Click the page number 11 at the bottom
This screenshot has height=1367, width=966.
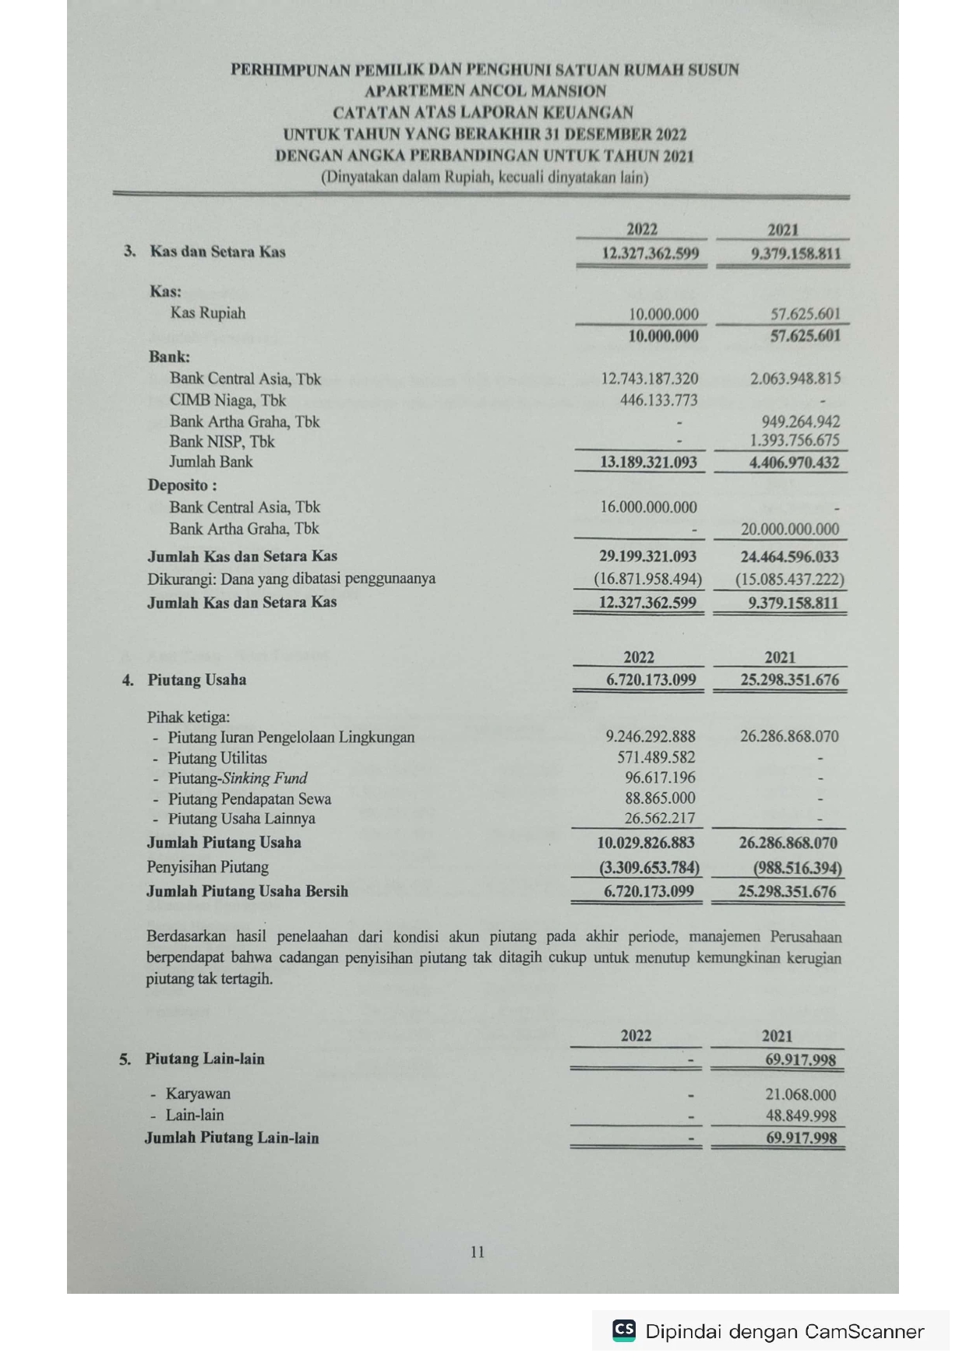(x=478, y=1252)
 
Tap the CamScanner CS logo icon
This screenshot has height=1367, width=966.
(x=624, y=1330)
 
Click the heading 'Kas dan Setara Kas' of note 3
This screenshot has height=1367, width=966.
(x=217, y=252)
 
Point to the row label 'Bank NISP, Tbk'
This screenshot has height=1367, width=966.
(x=222, y=442)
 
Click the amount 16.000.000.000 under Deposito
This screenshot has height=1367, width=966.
(x=648, y=507)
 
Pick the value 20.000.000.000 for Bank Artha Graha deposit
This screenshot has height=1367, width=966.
(x=790, y=529)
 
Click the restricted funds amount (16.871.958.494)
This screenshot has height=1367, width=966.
(x=647, y=579)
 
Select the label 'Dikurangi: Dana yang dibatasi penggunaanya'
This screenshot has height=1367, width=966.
(x=291, y=579)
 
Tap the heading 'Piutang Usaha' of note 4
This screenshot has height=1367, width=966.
(x=196, y=680)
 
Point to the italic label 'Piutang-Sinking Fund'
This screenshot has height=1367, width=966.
(x=238, y=778)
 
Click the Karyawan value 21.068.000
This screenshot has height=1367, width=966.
(x=800, y=1094)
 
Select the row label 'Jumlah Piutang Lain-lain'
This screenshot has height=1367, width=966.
(x=231, y=1138)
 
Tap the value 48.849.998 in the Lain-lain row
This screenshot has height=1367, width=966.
(x=801, y=1115)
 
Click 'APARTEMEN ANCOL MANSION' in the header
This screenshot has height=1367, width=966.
(x=485, y=90)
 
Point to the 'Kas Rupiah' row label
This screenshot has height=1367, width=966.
(x=207, y=313)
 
